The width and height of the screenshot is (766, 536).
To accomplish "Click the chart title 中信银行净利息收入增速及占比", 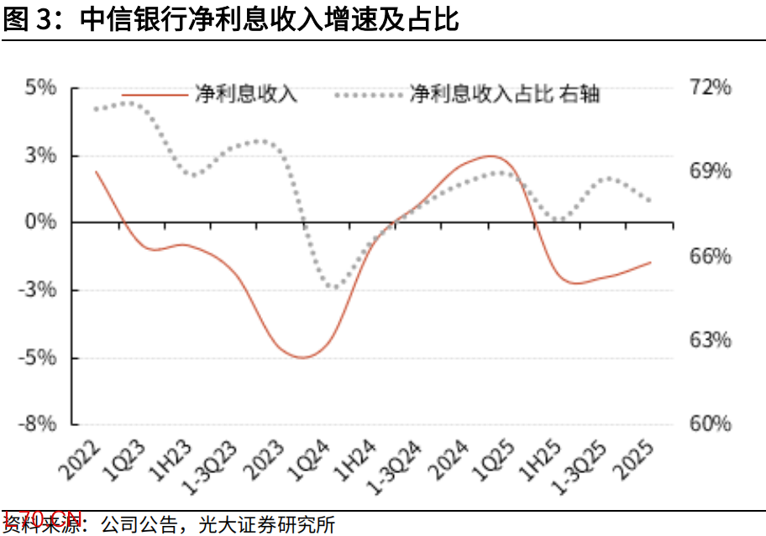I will coord(269,19).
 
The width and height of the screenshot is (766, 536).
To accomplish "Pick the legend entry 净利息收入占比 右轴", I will coord(504,94).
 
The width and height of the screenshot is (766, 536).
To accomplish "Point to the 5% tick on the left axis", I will coord(40,87).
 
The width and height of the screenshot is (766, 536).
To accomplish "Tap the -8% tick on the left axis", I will coord(39,424).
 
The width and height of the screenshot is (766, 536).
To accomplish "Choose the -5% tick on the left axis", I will coord(39,357).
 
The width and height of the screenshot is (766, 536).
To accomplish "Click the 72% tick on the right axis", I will coord(711,87).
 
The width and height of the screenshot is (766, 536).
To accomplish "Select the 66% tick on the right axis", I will coord(711,256).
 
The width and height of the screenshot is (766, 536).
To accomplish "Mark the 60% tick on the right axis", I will coord(711,424).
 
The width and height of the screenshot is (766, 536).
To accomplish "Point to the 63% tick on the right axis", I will coord(711,341).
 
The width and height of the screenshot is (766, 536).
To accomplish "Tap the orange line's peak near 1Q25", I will coord(491,156).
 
